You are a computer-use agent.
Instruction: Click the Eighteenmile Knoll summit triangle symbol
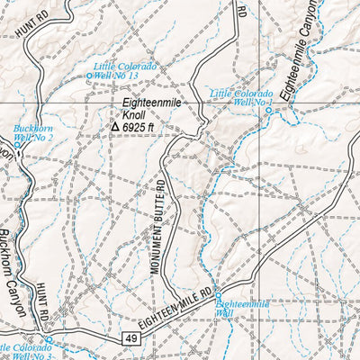[x=114, y=128]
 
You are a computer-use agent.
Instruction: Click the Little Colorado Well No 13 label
[x=126, y=72]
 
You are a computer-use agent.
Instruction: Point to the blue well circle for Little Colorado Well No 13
[x=89, y=76]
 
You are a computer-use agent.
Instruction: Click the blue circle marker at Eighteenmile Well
[x=219, y=303]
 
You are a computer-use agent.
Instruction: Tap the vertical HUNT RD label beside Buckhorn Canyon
[x=42, y=301]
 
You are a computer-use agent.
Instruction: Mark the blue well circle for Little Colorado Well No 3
[x=49, y=339]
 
